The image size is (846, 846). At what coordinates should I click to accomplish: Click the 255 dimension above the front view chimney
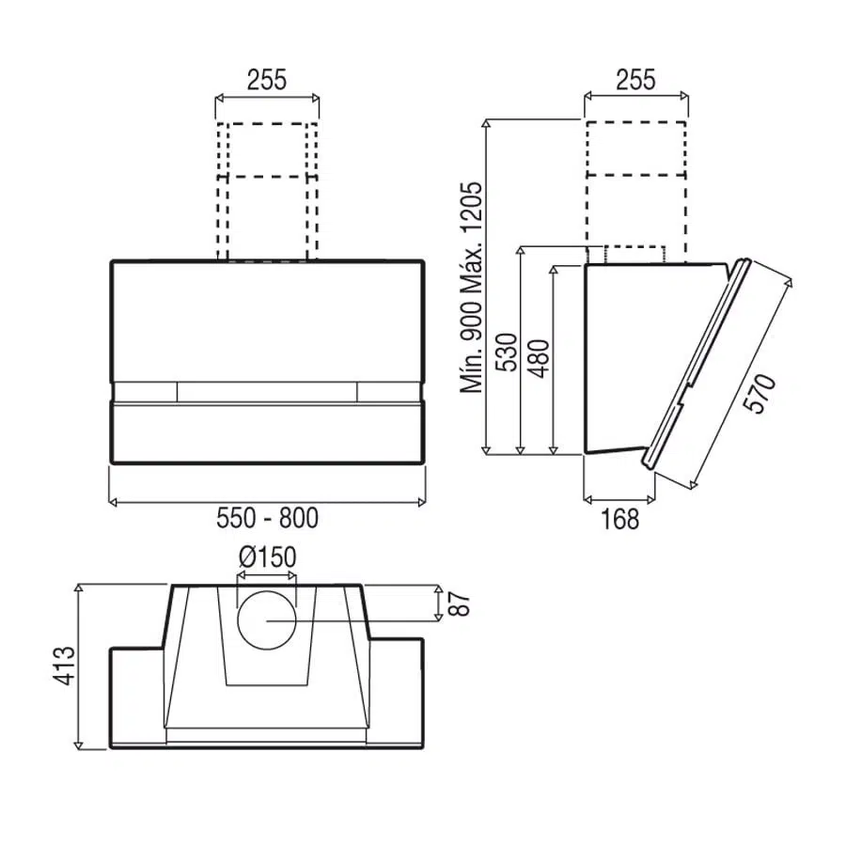point(267,80)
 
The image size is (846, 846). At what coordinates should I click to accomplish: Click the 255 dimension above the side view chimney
point(635,80)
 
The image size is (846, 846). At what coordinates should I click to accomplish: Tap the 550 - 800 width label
point(267,518)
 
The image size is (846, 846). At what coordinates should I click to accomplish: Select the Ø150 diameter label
point(267,556)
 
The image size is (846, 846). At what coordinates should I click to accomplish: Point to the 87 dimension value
point(459,603)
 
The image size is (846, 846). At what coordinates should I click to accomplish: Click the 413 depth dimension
point(64,666)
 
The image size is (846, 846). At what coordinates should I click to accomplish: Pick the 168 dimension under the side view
point(619,519)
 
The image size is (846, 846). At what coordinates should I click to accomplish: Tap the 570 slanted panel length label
point(760,394)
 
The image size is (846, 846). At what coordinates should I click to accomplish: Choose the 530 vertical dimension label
point(506,352)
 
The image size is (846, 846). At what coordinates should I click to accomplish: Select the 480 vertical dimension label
point(539,359)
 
